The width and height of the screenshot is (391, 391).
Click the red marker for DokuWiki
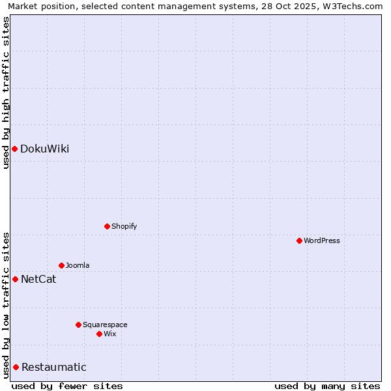point(14,149)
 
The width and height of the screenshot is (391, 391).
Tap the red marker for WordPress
point(299,241)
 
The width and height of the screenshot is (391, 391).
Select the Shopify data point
point(107,227)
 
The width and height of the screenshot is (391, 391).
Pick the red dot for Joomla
point(61,266)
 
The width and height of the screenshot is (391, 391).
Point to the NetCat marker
point(15,280)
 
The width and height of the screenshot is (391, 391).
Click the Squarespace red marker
point(78,325)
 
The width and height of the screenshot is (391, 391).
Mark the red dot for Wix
point(99,334)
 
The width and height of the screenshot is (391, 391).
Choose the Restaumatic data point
point(16,368)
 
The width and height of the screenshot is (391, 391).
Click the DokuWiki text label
point(44,149)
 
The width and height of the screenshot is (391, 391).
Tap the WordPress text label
point(321,241)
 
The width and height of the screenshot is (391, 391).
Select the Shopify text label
point(124,227)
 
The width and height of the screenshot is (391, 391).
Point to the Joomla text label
point(78,266)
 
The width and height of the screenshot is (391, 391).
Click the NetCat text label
point(38,280)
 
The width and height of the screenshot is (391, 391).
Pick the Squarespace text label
point(105,325)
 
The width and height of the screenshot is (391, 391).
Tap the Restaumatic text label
point(53,368)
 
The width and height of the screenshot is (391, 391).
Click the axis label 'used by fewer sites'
point(67,386)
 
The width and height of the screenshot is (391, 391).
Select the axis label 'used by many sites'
point(326,386)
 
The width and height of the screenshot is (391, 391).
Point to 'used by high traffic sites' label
point(6,92)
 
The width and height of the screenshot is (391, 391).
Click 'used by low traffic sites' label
point(6,305)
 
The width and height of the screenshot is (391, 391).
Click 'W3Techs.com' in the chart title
point(354,7)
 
